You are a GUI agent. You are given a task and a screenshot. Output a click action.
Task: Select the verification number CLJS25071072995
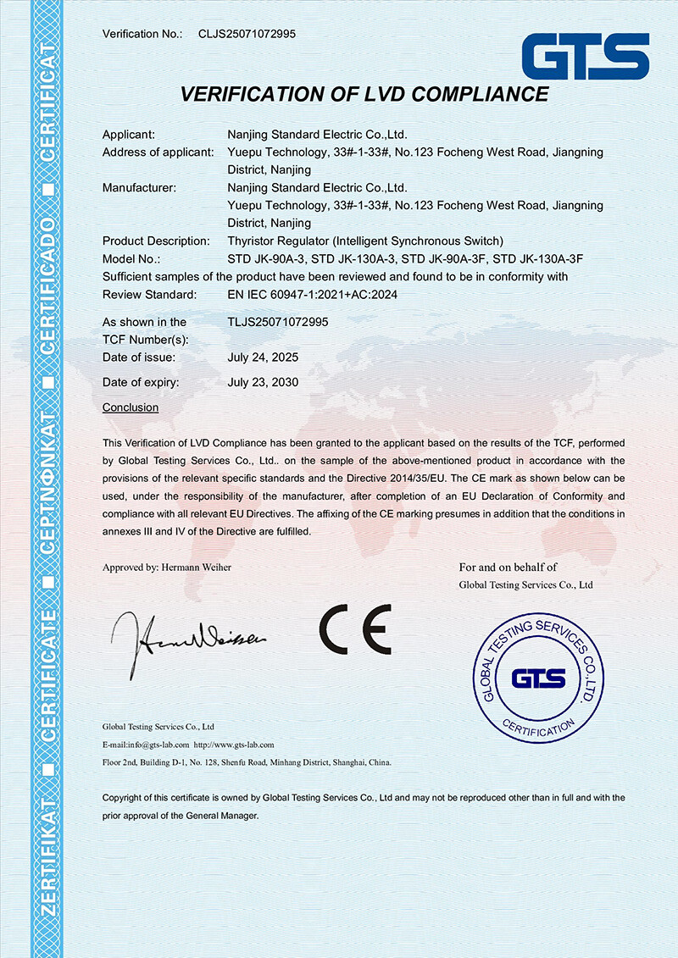(x=247, y=34)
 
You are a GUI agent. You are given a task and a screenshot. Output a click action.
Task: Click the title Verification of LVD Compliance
(x=364, y=93)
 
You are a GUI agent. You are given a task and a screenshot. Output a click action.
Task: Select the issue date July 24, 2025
(x=263, y=357)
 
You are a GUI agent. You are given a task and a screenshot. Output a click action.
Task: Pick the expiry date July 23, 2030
(x=263, y=382)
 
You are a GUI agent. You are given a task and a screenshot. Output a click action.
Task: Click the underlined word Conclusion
(x=131, y=407)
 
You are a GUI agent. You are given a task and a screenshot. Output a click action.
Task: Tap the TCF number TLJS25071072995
(x=278, y=322)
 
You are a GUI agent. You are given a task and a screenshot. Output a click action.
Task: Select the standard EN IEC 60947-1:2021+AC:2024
(x=313, y=295)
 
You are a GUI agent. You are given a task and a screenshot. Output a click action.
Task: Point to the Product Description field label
(x=156, y=241)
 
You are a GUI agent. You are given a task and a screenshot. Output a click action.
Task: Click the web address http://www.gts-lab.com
(x=234, y=745)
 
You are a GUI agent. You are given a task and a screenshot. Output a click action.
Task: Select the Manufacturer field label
(x=139, y=187)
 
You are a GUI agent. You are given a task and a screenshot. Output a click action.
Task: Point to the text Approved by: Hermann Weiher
(x=166, y=568)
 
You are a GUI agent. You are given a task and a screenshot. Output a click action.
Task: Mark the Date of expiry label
(x=141, y=382)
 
